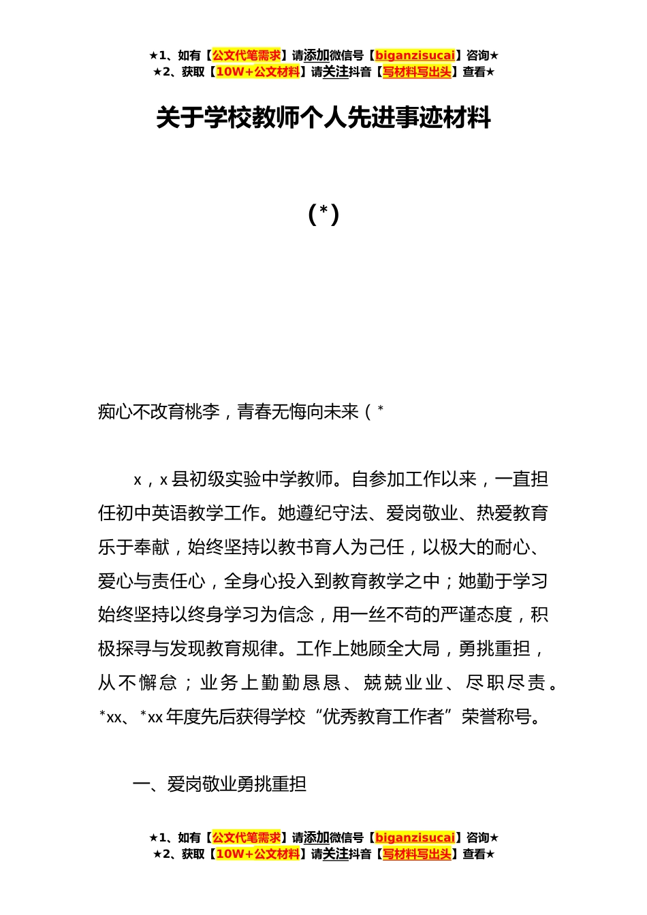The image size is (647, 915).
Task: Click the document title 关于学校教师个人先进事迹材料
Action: [323, 118]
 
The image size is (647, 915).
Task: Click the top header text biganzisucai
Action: [415, 56]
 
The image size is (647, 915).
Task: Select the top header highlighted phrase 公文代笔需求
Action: [247, 56]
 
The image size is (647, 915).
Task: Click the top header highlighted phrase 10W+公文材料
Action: [257, 72]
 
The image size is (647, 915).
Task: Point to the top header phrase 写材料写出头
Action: [417, 72]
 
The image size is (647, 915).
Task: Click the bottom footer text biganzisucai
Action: [415, 838]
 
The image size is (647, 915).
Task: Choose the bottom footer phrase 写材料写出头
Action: [417, 854]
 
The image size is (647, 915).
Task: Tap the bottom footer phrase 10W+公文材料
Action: [257, 854]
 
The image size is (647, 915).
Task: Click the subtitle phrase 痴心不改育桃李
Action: [159, 412]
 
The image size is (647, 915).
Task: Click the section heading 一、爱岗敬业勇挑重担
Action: [219, 784]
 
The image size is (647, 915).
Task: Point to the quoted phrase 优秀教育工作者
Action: [385, 717]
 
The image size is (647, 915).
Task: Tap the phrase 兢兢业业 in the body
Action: [403, 683]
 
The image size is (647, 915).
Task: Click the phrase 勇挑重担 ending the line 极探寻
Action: [495, 649]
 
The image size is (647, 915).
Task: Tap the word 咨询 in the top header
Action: [477, 56]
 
